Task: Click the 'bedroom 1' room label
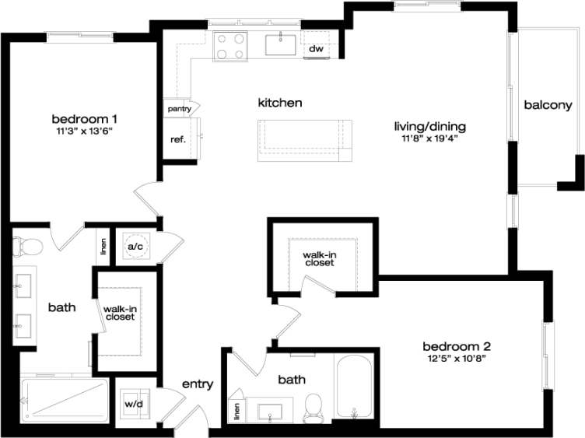(84, 118)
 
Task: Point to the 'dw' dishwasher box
(316, 49)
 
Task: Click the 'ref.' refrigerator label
(177, 140)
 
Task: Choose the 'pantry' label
(179, 109)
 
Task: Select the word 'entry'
(198, 384)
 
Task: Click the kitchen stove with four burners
(229, 45)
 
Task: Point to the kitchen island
(305, 140)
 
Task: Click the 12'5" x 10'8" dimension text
(456, 359)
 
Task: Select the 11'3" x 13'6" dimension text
(84, 131)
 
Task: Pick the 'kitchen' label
(280, 103)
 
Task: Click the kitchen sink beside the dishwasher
(280, 44)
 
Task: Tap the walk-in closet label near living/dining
(319, 258)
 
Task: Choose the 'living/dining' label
(433, 127)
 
